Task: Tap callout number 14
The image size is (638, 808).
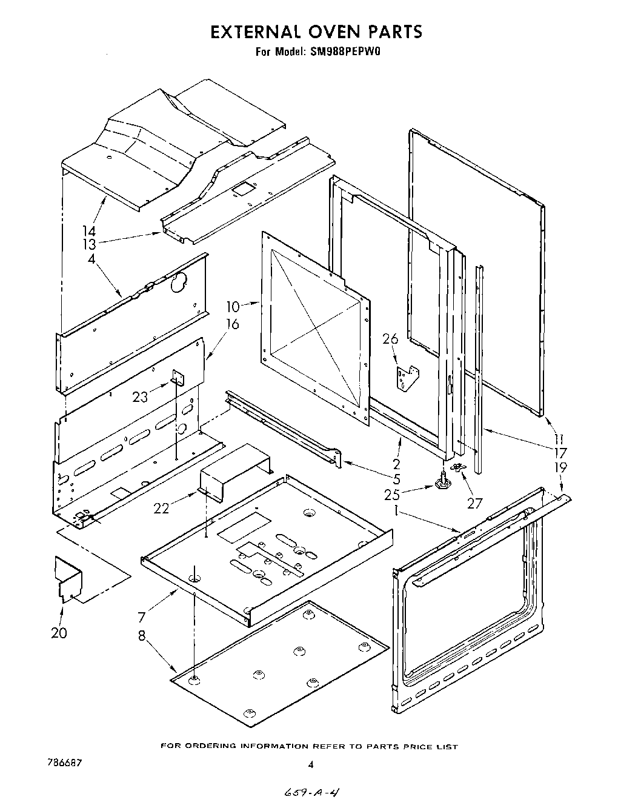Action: (89, 231)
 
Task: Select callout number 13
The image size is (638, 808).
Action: (89, 244)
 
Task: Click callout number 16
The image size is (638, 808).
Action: (232, 324)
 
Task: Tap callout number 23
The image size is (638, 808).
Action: (140, 397)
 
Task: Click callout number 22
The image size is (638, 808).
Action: (161, 508)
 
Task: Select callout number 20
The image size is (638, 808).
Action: (59, 633)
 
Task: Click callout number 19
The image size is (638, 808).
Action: (560, 467)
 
